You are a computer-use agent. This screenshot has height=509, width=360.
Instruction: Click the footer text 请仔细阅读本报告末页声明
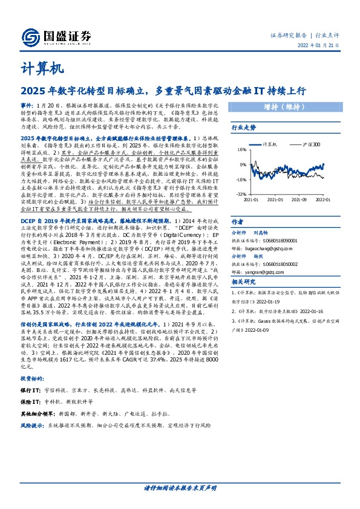pyautogui.click(x=180, y=487)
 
